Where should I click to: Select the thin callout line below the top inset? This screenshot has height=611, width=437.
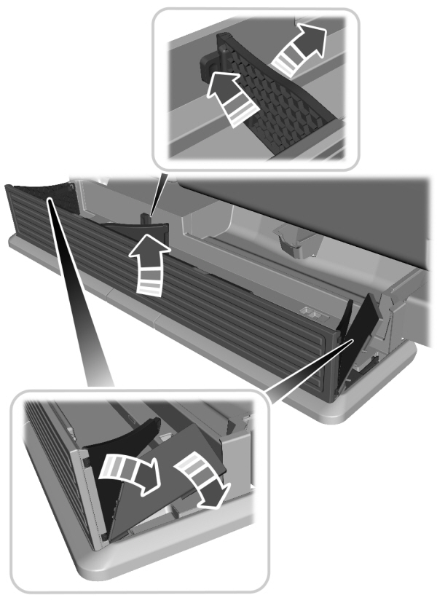(x=161, y=192)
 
